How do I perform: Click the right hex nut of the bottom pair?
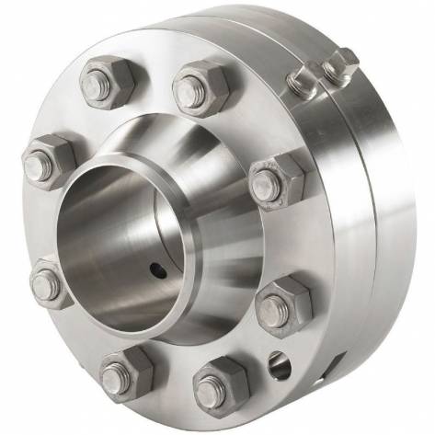click(221, 383)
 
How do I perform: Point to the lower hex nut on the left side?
click(52, 284)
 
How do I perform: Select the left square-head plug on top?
click(303, 83)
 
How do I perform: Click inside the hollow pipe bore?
click(110, 239)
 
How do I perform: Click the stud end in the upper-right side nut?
click(266, 182)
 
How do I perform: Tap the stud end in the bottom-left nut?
click(115, 377)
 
